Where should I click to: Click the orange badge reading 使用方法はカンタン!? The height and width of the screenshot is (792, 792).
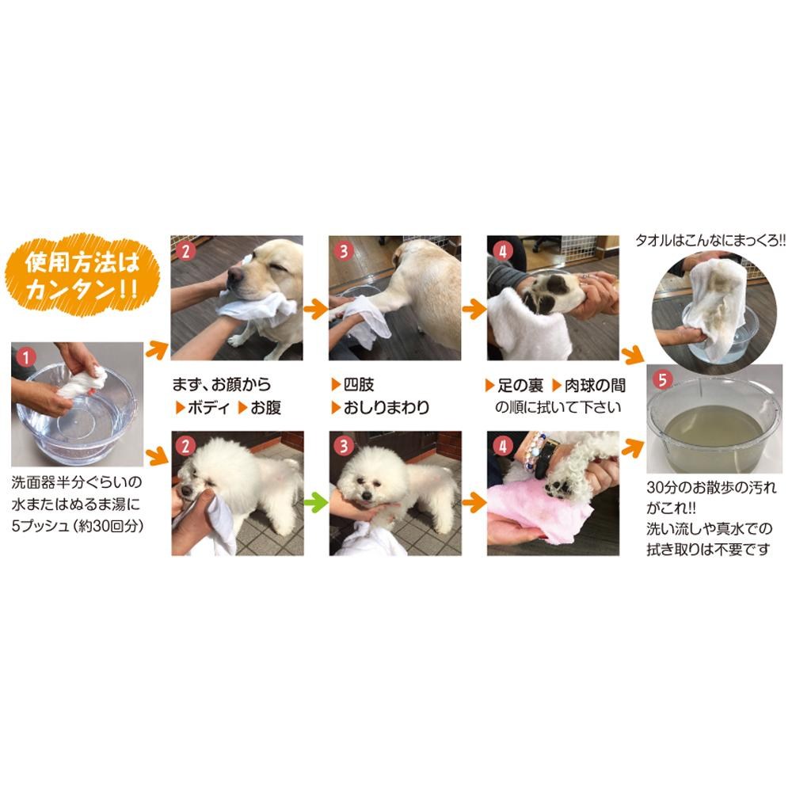pos(82,276)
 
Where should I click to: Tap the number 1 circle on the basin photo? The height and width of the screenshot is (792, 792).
pos(26,358)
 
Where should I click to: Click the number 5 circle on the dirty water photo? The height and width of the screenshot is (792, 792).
pos(662,379)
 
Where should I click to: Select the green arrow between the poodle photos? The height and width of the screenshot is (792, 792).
pos(316,502)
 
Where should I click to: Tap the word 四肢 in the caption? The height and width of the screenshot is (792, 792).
pos(359,385)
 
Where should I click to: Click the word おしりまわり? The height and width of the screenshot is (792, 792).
pos(386,408)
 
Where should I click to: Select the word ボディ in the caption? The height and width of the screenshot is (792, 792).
pos(208,408)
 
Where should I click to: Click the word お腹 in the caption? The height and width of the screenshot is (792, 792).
pos(265,408)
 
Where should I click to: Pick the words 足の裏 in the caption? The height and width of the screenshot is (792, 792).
pos(520,386)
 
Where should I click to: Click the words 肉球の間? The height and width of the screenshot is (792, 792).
pos(595,386)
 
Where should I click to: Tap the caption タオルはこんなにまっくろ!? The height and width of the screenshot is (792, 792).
pos(710,241)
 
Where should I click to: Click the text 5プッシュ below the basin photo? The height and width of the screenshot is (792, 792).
pos(40,526)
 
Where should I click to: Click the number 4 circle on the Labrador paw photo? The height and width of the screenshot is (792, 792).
pos(503,251)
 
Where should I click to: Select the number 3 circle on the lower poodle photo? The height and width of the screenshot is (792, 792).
pos(345,447)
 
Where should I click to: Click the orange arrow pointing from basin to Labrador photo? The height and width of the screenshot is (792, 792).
pos(157,349)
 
